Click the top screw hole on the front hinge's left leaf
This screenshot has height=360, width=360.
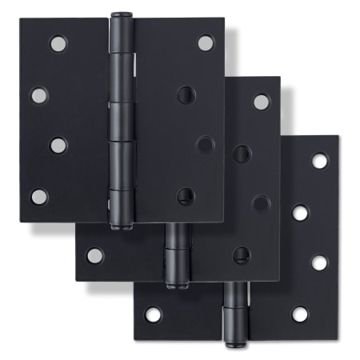tap(58, 43)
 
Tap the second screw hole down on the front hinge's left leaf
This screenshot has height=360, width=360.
tap(39, 95)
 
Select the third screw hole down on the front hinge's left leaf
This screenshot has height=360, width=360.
tap(58, 145)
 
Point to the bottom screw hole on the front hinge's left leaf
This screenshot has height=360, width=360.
tap(39, 196)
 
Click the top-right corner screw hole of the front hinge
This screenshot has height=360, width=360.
tap(206, 42)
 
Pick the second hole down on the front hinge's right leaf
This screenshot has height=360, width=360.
tap(186, 94)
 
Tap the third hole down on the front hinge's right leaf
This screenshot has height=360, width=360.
tap(206, 144)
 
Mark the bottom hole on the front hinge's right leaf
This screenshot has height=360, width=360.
tap(186, 195)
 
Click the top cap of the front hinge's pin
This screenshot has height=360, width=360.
tap(122, 16)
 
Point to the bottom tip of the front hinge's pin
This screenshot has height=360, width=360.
tap(122, 226)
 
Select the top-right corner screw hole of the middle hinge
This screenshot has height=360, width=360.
tap(262, 102)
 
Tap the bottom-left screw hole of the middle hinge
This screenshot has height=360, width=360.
tap(94, 255)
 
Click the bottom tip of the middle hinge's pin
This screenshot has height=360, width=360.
tap(177, 283)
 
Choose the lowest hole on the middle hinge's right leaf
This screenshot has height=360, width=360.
tap(242, 254)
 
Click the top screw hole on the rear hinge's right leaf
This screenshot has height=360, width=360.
tap(319, 161)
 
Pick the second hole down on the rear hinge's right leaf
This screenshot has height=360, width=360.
tap(300, 212)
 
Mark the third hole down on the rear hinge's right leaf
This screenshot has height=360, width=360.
tap(319, 262)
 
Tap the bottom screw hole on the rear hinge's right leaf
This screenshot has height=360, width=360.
tap(300, 314)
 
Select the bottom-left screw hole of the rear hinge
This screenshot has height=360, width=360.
tap(153, 314)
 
